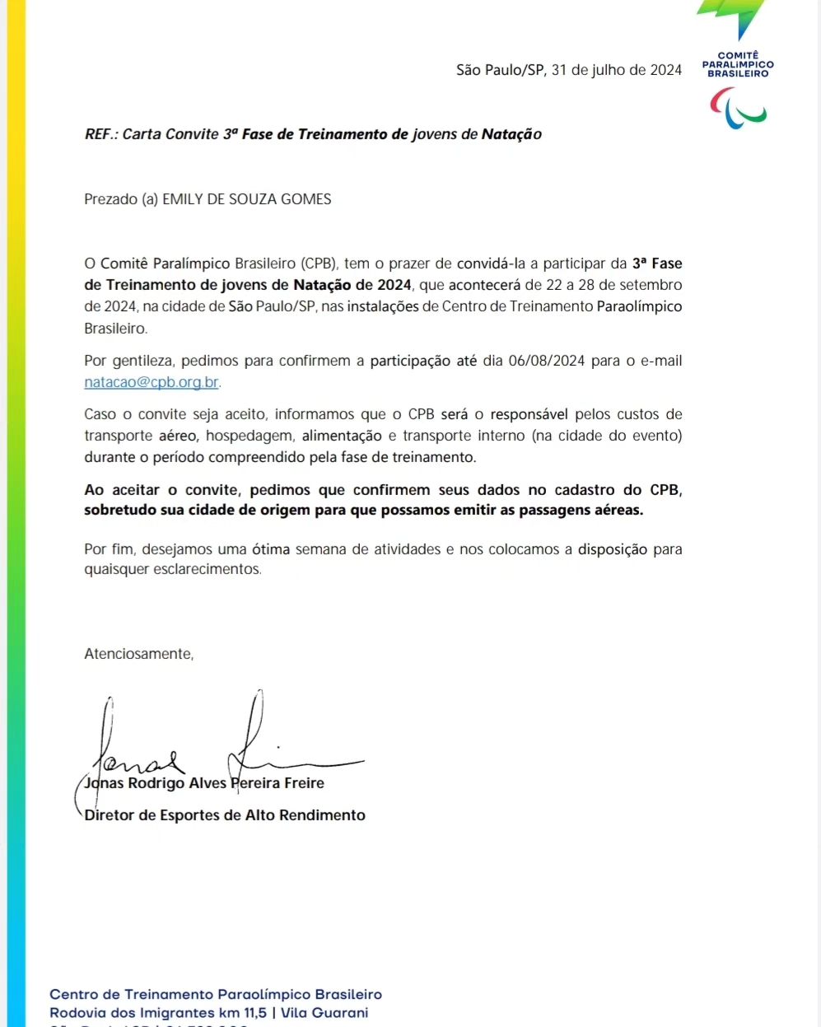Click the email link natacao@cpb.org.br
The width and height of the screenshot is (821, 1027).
pyautogui.click(x=152, y=382)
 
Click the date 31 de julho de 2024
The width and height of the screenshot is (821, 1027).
pyautogui.click(x=616, y=70)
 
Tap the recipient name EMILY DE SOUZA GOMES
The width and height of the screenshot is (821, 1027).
pyautogui.click(x=246, y=199)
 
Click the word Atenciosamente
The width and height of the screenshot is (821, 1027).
pyautogui.click(x=138, y=654)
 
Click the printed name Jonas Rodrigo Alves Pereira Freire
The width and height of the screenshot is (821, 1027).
pyautogui.click(x=204, y=783)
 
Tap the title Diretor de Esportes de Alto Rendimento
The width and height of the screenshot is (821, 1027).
pyautogui.click(x=225, y=815)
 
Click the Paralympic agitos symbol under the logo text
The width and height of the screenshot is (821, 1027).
pyautogui.click(x=738, y=108)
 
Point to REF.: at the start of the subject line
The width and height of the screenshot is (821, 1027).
pyautogui.click(x=101, y=134)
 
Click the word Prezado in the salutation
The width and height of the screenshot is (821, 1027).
pyautogui.click(x=111, y=199)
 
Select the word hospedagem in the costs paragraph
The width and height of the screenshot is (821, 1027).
pyautogui.click(x=250, y=436)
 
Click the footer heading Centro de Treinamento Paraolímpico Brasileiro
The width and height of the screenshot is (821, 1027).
pyautogui.click(x=216, y=995)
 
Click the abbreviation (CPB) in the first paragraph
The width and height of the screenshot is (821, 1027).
pyautogui.click(x=320, y=264)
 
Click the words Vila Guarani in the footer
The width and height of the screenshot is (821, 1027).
pyautogui.click(x=324, y=1013)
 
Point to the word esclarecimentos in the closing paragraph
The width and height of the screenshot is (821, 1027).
pyautogui.click(x=207, y=569)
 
